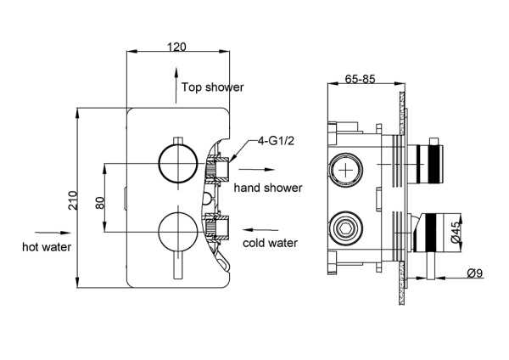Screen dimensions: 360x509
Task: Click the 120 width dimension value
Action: [x=177, y=47]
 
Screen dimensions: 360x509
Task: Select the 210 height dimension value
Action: [x=73, y=200]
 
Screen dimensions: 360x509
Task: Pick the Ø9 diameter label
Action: [x=476, y=273]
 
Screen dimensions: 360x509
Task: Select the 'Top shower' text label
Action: [x=212, y=87]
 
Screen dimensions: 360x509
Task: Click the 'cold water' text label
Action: [x=270, y=243]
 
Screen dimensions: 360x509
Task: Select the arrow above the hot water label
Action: [x=48, y=229]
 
